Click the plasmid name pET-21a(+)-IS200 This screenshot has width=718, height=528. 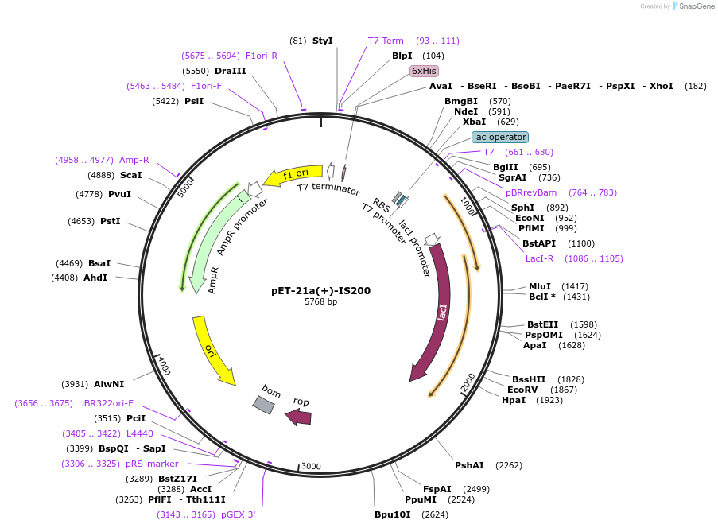(x=320, y=290)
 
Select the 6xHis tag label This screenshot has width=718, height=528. (x=424, y=71)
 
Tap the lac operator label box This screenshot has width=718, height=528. (x=499, y=137)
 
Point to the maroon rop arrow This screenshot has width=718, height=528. (x=299, y=416)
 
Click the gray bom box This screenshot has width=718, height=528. (x=264, y=404)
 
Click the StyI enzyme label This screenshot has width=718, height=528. (x=322, y=41)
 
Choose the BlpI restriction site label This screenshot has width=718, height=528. (x=402, y=56)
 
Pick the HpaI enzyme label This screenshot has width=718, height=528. (x=514, y=400)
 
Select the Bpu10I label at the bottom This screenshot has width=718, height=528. (x=393, y=514)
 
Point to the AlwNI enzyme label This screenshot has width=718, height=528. (x=109, y=384)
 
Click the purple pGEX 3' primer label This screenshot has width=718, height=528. (x=238, y=514)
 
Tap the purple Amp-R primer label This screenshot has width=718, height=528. (x=134, y=160)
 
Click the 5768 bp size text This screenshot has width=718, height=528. (x=320, y=302)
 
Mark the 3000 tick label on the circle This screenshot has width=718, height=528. (x=311, y=466)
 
